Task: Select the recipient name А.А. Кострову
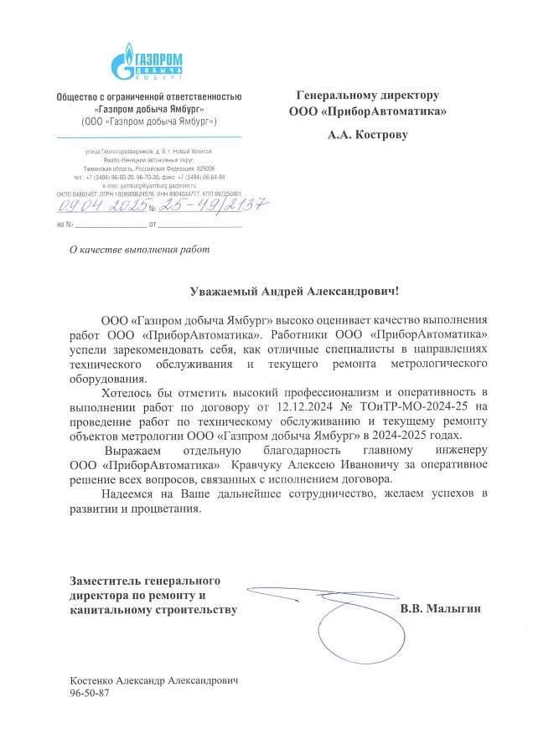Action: tap(368, 133)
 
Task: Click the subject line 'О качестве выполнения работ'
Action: tap(139, 249)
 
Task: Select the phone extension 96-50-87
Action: tap(91, 695)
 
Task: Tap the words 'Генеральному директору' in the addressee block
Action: tap(368, 95)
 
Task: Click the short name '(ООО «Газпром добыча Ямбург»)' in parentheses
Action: tap(149, 121)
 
